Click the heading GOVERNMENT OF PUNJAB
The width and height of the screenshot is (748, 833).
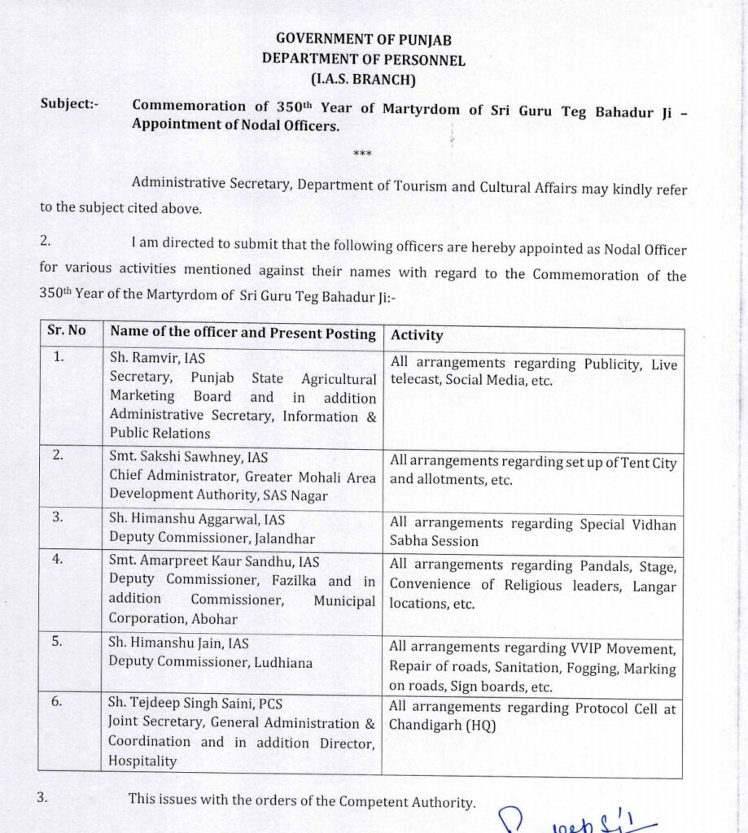[363, 39]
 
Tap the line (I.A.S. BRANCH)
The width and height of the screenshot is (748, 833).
[363, 79]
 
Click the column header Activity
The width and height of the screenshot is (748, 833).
[417, 334]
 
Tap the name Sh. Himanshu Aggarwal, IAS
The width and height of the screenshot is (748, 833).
[197, 519]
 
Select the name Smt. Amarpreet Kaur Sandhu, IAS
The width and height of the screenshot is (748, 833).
[214, 561]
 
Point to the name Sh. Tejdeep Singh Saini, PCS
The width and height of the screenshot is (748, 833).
[196, 704]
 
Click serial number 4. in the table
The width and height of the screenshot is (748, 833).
[58, 560]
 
